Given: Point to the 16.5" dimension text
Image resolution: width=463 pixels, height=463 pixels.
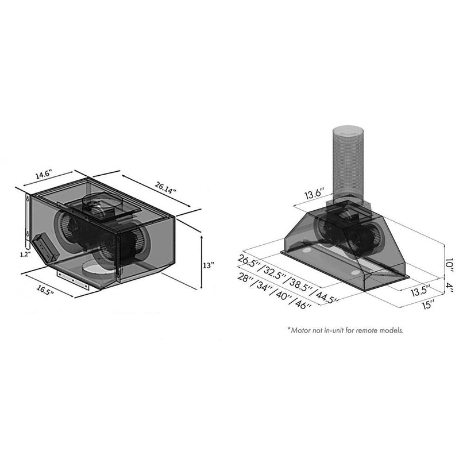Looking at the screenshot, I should [42, 292].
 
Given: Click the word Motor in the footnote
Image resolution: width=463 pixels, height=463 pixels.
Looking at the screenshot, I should [304, 330].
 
